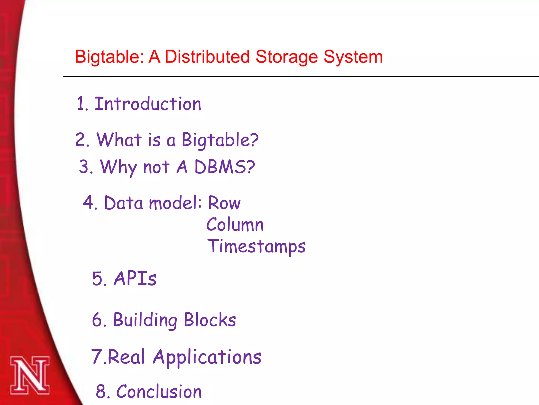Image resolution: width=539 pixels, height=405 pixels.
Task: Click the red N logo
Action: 30,375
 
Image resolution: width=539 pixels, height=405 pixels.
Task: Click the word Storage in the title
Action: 287,57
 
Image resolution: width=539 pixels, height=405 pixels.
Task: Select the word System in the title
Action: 353,57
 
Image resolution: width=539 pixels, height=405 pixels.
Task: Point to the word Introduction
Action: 148,104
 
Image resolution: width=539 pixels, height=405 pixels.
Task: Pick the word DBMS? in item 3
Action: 224,167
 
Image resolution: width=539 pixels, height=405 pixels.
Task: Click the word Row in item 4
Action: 224,203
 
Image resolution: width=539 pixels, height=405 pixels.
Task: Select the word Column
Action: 235,225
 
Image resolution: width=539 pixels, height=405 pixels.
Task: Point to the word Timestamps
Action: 256,246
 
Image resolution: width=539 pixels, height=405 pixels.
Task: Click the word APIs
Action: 135,278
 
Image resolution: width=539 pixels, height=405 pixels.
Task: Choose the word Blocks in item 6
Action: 210,320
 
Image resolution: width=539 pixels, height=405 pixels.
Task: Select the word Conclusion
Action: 159,392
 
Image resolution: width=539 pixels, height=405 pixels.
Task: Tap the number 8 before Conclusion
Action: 101,392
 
